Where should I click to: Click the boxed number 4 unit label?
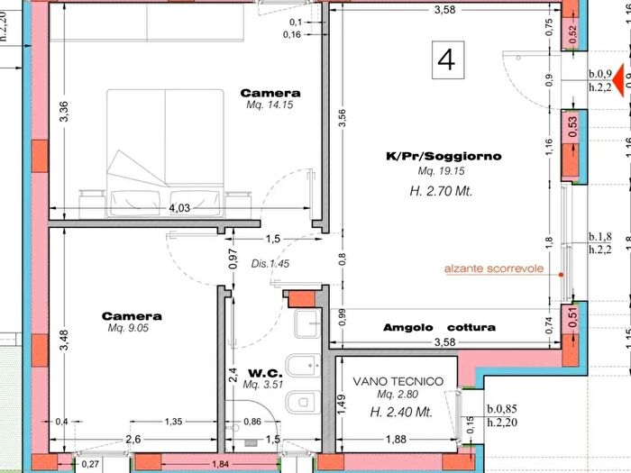(445, 59)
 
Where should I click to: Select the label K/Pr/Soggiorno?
(444, 156)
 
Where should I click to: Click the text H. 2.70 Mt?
(441, 191)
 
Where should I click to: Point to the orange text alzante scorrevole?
(494, 268)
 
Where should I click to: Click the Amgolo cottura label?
(439, 327)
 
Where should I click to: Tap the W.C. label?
(266, 373)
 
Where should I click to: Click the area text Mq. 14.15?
(270, 105)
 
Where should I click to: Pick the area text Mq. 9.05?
(132, 329)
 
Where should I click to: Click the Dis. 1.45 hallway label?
(270, 264)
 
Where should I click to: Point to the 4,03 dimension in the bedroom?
(179, 208)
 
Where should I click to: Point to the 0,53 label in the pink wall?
(572, 123)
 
